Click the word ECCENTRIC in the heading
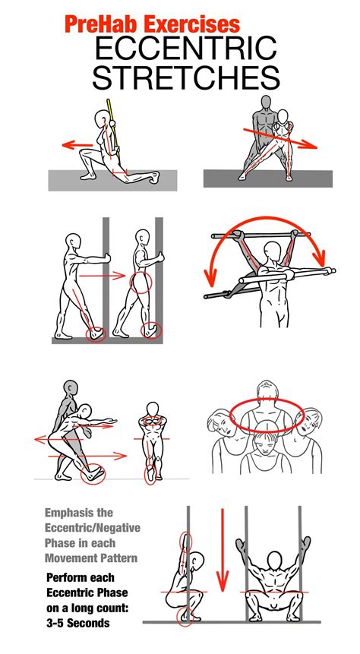(185, 48)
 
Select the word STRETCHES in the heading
(185, 77)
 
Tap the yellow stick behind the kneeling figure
(113, 128)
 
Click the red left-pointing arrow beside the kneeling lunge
(77, 145)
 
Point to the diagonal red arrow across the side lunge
(280, 138)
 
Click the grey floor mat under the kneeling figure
(112, 180)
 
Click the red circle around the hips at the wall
(141, 283)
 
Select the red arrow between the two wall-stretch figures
(103, 275)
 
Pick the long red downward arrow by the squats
(223, 550)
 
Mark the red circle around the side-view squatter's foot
(185, 618)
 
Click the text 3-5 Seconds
(78, 623)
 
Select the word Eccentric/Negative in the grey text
(93, 528)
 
